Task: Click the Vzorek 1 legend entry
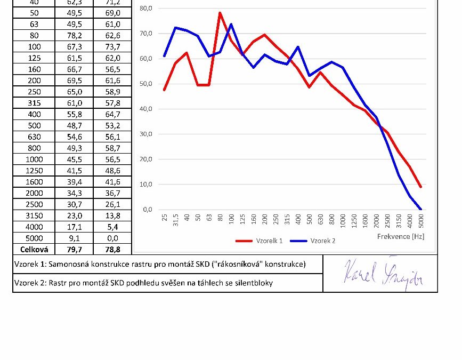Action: (269, 241)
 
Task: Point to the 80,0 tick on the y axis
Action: (145, 9)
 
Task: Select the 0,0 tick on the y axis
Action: (147, 210)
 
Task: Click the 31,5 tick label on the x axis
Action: (176, 220)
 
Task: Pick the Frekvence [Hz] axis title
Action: (401, 236)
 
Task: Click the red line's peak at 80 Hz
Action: (220, 12)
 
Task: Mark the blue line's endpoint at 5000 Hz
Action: (420, 209)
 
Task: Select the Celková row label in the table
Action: (35, 249)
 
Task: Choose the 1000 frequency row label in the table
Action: (35, 159)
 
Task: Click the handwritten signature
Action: (383, 273)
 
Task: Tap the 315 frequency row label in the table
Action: (35, 103)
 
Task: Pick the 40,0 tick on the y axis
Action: (145, 109)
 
